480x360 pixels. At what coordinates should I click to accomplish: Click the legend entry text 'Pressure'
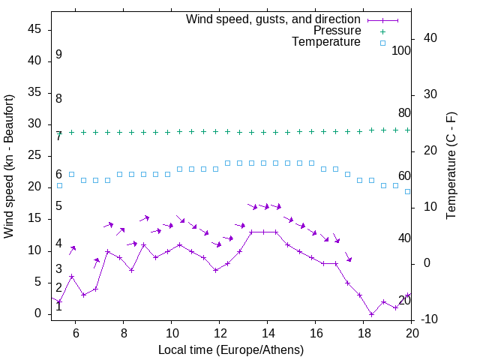337,31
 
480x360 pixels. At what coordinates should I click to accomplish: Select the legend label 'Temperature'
326,43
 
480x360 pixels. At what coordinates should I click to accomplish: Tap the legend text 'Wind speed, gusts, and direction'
274,19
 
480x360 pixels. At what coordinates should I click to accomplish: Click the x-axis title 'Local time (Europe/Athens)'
231,349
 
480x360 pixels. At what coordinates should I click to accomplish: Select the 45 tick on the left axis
34,30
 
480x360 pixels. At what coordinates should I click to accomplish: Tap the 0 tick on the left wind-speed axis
38,314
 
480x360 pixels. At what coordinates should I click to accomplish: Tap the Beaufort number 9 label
58,55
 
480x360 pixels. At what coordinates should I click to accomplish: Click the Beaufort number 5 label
58,206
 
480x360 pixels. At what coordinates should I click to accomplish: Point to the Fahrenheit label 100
402,51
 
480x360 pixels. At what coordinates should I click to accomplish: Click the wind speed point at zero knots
371,314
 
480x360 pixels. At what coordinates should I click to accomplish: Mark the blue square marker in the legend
382,43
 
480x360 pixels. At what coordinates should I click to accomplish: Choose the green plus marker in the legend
382,31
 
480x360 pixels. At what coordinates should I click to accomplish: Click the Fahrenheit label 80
405,113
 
